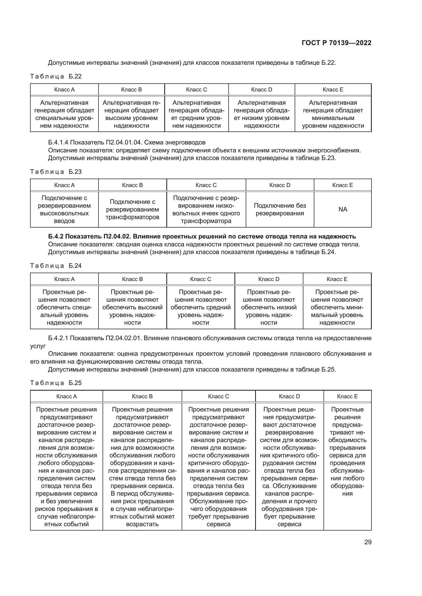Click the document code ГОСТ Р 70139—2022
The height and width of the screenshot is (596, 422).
[x=336, y=43]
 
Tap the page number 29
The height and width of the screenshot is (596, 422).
[x=368, y=542]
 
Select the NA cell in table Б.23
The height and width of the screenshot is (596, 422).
[x=342, y=209]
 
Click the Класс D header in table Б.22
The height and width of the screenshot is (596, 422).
[x=262, y=89]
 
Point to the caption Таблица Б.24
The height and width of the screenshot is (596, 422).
[x=56, y=266]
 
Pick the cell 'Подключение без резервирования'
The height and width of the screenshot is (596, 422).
[x=280, y=209]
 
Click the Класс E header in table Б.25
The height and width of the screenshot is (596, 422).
[x=347, y=396]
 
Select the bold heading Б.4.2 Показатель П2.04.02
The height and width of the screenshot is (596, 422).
[x=202, y=236]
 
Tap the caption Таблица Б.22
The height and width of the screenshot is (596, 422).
[x=56, y=76]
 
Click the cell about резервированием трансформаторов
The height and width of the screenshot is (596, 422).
[x=132, y=209]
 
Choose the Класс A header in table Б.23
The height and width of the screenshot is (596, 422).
[x=64, y=185]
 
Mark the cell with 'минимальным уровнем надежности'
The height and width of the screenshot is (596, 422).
[x=333, y=114]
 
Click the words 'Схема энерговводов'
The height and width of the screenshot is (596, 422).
[x=175, y=142]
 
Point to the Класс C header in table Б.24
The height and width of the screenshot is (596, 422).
[x=200, y=279]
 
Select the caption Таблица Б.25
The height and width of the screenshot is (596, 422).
[x=56, y=383]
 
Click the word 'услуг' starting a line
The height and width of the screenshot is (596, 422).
[x=38, y=346]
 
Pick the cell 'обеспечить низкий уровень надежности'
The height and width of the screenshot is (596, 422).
[x=269, y=307]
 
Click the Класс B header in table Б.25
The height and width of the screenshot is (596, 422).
[x=142, y=396]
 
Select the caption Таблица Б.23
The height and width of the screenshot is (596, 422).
[x=56, y=171]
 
